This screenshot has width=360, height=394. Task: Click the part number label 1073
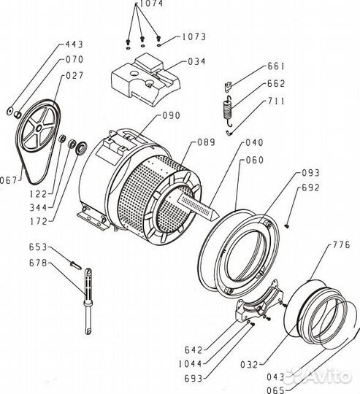[194, 37]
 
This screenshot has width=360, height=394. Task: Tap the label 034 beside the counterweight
[196, 61]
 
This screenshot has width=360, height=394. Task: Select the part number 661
[276, 66]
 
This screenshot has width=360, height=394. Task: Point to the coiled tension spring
[229, 111]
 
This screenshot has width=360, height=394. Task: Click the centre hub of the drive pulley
[39, 128]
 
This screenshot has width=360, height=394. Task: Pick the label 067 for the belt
[8, 180]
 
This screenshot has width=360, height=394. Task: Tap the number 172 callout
[39, 221]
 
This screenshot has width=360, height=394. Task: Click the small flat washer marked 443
[10, 111]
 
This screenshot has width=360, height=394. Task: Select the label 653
[38, 247]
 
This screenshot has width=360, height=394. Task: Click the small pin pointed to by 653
[75, 265]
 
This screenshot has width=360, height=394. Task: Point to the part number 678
[38, 263]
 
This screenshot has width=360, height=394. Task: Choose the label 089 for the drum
[207, 142]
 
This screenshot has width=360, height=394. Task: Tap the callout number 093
[310, 173]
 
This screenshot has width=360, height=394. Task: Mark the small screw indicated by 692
[288, 226]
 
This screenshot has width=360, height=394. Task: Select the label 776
[342, 244]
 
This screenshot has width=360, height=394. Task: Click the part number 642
[194, 350]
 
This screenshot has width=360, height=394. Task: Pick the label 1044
[191, 364]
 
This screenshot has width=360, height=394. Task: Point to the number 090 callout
[172, 115]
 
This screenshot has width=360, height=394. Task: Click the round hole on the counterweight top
[134, 74]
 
